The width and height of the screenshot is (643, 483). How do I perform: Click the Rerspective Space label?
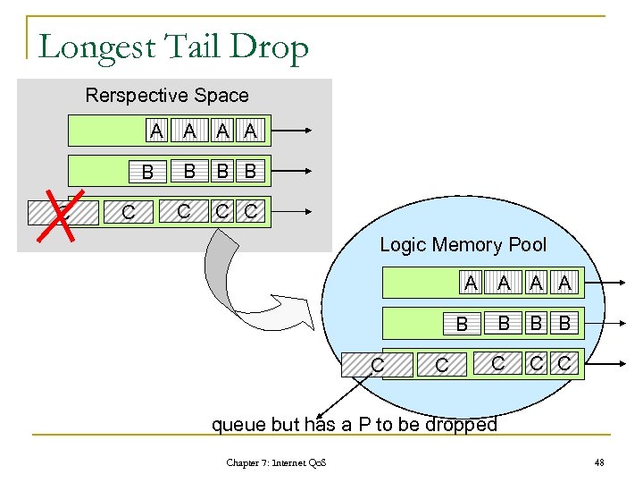click(167, 96)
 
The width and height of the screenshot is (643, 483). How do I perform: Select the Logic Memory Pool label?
click(463, 245)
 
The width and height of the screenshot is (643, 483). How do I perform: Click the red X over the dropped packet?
click(61, 216)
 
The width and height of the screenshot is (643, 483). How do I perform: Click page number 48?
click(599, 463)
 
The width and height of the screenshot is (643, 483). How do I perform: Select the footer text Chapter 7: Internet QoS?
click(276, 463)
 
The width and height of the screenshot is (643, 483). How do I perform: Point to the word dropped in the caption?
click(461, 425)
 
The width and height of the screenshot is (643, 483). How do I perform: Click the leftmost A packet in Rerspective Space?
click(156, 131)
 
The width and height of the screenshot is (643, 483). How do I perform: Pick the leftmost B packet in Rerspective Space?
click(147, 171)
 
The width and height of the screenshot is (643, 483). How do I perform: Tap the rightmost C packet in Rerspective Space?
click(251, 211)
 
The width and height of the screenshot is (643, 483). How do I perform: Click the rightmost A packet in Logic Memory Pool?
click(564, 283)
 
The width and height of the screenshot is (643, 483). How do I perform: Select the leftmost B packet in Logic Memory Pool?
click(462, 324)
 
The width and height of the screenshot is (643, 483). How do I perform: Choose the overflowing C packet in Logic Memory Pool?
click(377, 365)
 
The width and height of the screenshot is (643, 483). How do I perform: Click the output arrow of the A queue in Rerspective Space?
click(291, 131)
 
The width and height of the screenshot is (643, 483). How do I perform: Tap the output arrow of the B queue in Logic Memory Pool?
click(605, 324)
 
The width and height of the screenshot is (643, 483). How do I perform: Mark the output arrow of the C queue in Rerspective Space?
click(291, 211)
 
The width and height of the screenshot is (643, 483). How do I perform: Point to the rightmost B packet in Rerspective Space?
click(251, 171)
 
